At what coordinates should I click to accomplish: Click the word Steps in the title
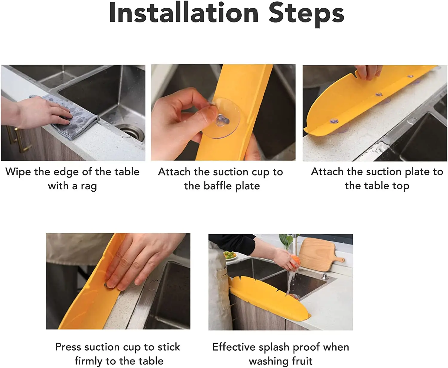tap(306, 15)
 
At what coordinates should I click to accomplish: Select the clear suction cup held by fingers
tap(221, 118)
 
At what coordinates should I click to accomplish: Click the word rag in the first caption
tap(88, 187)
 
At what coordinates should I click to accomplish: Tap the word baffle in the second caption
tap(217, 186)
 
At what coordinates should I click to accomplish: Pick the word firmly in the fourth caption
tap(89, 361)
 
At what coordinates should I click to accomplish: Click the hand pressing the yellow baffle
tap(140, 262)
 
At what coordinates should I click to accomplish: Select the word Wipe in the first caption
tap(18, 172)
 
